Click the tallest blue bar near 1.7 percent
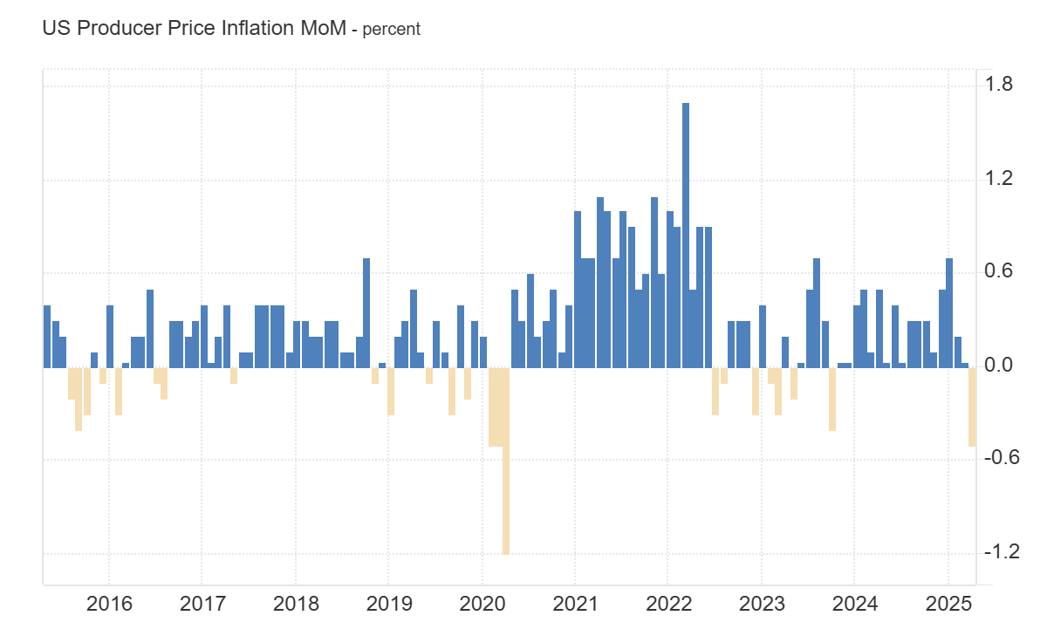click(686, 236)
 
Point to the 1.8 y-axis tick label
click(998, 85)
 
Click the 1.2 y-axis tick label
click(998, 179)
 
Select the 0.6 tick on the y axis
click(998, 272)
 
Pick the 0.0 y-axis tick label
click(998, 366)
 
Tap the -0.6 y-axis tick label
click(998, 460)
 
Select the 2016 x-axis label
click(109, 604)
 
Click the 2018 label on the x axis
click(295, 604)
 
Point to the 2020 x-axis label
click(482, 604)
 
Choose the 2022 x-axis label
click(667, 604)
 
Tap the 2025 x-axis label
click(948, 604)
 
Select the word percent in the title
click(392, 29)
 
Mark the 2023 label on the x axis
click(761, 604)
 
